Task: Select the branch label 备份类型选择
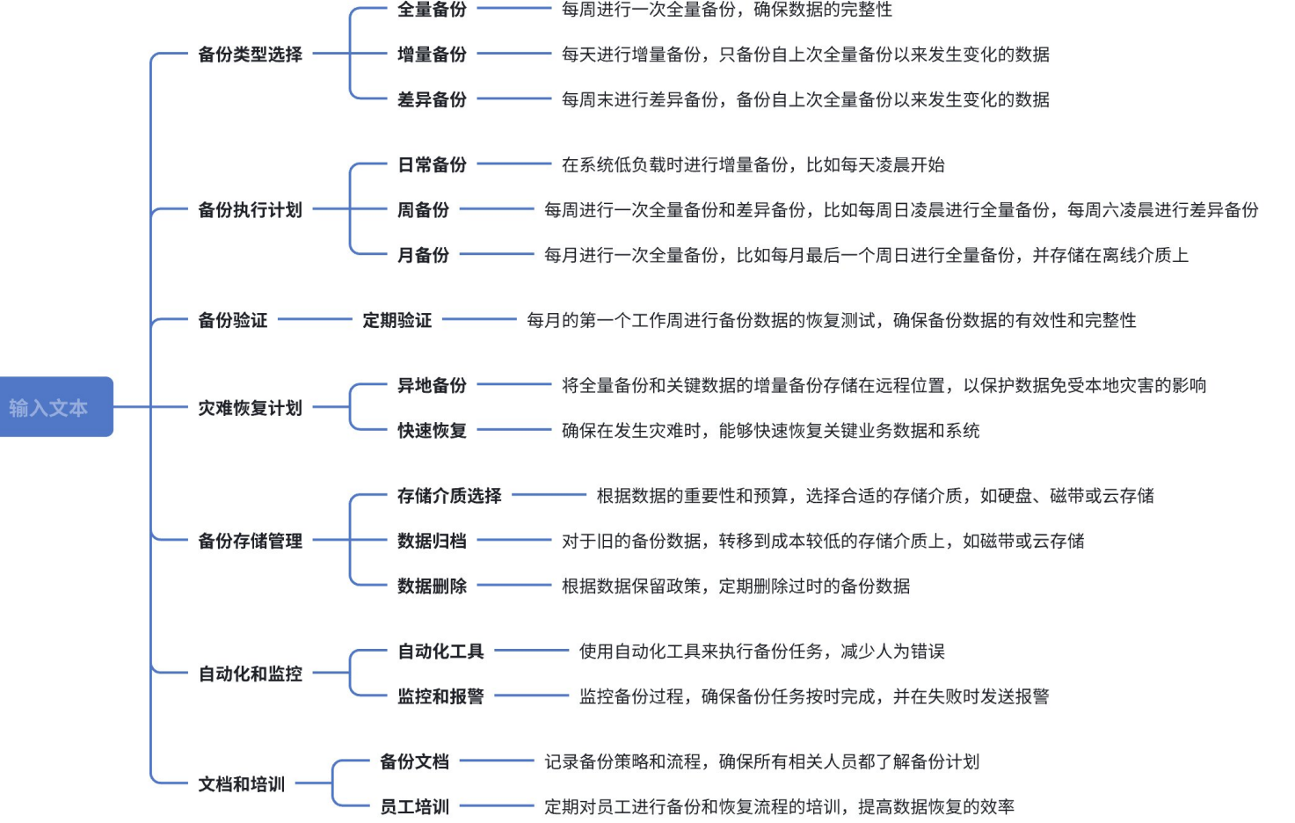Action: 250,55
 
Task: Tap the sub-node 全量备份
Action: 432,10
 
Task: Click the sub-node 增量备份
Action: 432,55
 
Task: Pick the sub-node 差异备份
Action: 432,99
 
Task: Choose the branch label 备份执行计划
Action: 250,210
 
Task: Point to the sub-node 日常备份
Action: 432,164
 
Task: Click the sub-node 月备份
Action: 423,255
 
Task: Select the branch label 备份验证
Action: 232,320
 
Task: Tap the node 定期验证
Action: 397,320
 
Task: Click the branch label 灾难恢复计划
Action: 250,408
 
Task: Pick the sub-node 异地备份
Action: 432,385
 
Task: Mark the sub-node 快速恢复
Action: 432,431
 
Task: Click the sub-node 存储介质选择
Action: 449,496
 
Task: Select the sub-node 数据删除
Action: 432,586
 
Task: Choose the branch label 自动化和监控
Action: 250,674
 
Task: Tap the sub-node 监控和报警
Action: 440,696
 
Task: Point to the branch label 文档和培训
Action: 241,784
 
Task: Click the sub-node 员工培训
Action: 414,807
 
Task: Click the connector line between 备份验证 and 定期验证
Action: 314,320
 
